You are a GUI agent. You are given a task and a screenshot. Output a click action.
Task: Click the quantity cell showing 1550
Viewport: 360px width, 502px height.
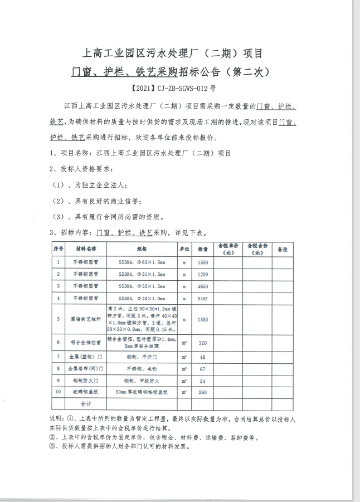click(203, 262)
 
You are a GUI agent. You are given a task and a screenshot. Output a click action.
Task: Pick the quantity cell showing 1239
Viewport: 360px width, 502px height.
click(203, 274)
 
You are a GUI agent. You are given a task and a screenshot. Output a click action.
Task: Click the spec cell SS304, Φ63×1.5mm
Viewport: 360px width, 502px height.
click(142, 262)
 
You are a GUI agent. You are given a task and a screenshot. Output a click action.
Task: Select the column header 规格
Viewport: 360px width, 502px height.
click(142, 248)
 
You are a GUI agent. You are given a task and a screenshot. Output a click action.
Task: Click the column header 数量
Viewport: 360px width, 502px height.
click(203, 248)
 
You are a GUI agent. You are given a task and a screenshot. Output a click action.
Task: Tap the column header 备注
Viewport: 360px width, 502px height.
click(283, 248)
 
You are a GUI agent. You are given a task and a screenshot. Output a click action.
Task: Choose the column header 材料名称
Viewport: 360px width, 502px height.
click(86, 248)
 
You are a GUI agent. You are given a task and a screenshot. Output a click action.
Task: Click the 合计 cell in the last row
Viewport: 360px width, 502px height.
click(86, 404)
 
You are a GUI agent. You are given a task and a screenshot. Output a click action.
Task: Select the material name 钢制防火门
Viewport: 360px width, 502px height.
click(86, 381)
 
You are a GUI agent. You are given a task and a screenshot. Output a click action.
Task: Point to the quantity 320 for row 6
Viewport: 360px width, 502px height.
click(203, 343)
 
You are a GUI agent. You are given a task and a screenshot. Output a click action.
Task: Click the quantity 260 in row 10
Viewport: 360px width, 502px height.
click(203, 392)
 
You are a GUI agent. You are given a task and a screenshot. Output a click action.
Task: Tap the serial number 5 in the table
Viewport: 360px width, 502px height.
click(59, 319)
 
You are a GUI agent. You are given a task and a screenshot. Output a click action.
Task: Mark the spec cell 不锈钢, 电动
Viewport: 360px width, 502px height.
click(142, 368)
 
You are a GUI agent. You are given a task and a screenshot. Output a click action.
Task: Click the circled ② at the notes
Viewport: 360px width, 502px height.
click(53, 437)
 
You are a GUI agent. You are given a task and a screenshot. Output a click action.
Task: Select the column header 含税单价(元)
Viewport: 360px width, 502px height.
click(227, 248)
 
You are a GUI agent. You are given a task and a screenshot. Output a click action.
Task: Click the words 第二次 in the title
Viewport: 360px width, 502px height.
click(247, 72)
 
